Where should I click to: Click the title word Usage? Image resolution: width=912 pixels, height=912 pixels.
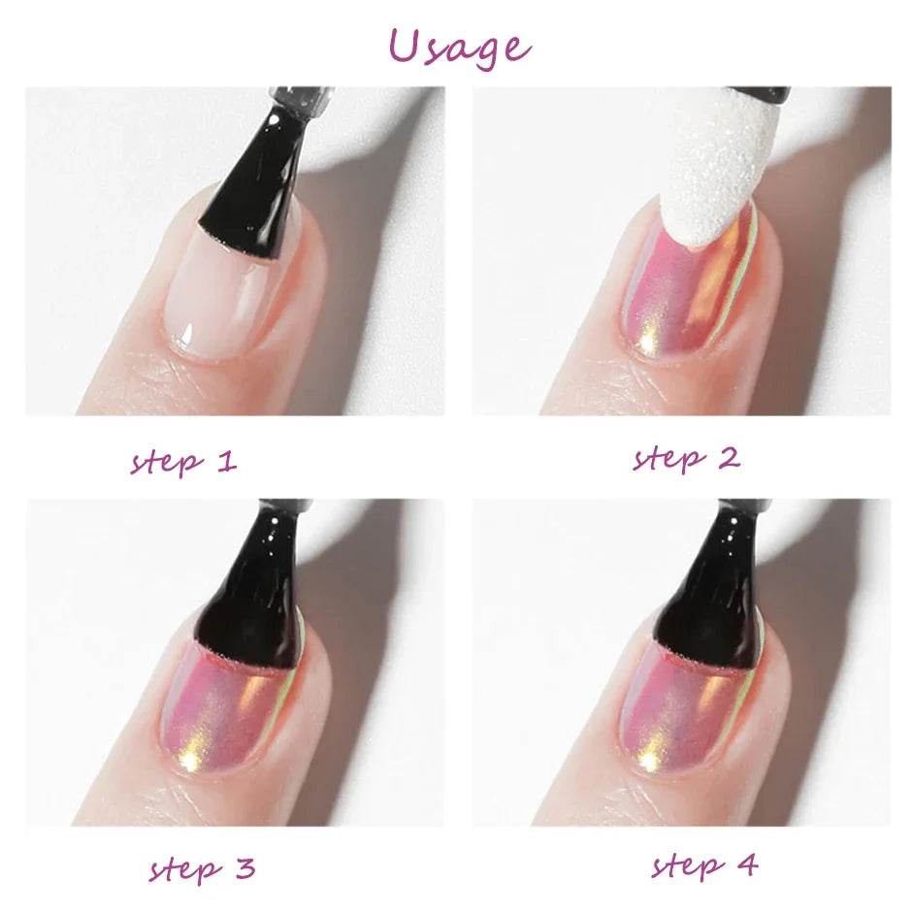click(x=459, y=46)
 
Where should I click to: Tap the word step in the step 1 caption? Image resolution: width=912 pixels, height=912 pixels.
click(x=166, y=462)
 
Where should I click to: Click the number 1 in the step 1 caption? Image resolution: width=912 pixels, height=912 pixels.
click(x=225, y=460)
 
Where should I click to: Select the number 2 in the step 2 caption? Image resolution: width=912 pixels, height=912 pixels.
click(x=729, y=457)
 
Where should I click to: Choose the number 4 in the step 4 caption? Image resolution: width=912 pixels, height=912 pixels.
click(x=747, y=863)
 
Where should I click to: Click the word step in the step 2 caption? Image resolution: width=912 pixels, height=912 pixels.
click(x=668, y=458)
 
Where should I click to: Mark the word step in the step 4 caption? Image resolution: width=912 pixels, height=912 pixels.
click(x=687, y=864)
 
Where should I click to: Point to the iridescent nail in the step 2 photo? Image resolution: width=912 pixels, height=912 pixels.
click(x=679, y=291)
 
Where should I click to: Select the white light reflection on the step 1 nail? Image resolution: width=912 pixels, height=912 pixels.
click(x=183, y=340)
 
